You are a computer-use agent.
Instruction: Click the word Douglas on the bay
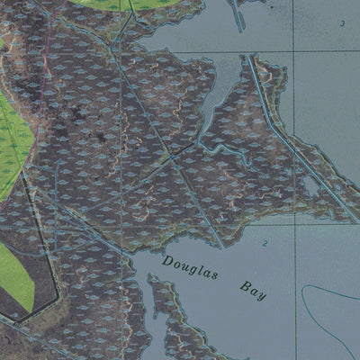coord(190,267)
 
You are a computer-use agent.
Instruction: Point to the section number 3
coord(342,22)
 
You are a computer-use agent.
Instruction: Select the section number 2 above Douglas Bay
coord(265,244)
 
